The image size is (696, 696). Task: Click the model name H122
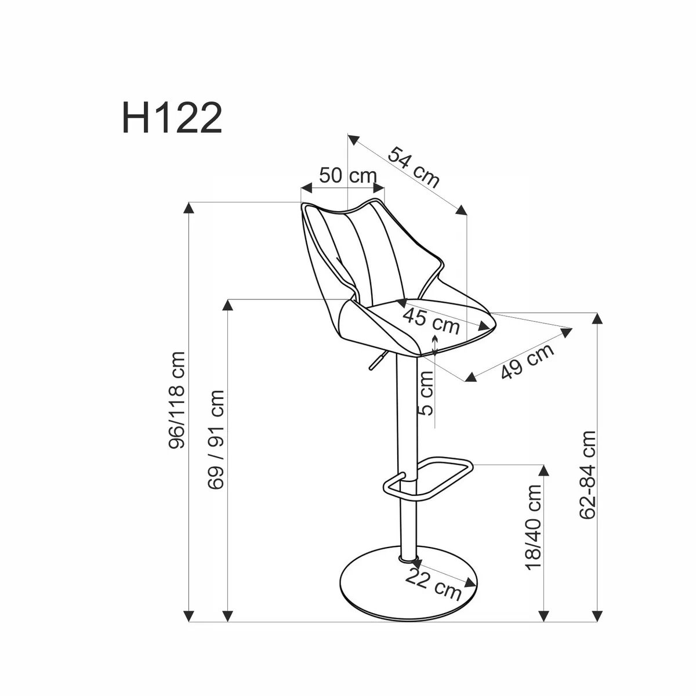click(x=172, y=118)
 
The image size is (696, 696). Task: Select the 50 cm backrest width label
click(x=347, y=175)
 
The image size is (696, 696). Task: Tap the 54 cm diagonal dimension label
click(x=414, y=167)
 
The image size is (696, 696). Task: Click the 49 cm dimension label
click(x=527, y=361)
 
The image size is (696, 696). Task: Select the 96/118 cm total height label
click(x=177, y=400)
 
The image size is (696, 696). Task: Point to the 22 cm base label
click(x=434, y=584)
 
